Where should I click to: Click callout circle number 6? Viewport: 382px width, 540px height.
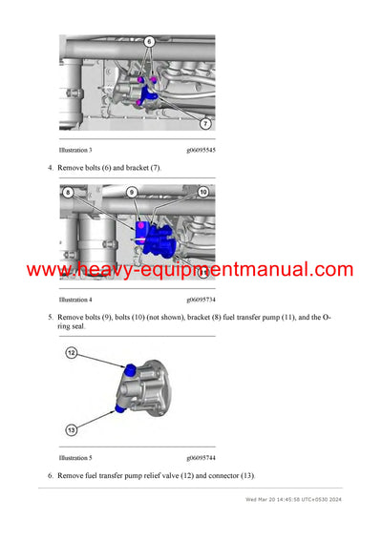pyautogui.click(x=149, y=42)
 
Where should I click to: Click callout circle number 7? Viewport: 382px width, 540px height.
pyautogui.click(x=205, y=124)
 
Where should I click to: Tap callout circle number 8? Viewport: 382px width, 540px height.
pyautogui.click(x=67, y=192)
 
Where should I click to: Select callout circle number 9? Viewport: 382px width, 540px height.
pyautogui.click(x=132, y=192)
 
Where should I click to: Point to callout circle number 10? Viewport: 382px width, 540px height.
pyautogui.click(x=202, y=192)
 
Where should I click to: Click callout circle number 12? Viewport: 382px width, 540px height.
pyautogui.click(x=71, y=353)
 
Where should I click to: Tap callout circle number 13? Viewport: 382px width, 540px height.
pyautogui.click(x=71, y=429)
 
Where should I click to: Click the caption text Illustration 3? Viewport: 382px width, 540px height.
pyautogui.click(x=75, y=150)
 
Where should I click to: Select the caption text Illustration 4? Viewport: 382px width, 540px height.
pyautogui.click(x=75, y=300)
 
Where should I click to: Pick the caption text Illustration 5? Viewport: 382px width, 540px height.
pyautogui.click(x=75, y=457)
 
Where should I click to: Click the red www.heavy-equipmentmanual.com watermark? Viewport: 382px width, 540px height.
pyautogui.click(x=190, y=270)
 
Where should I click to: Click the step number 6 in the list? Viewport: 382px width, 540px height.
pyautogui.click(x=51, y=475)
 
